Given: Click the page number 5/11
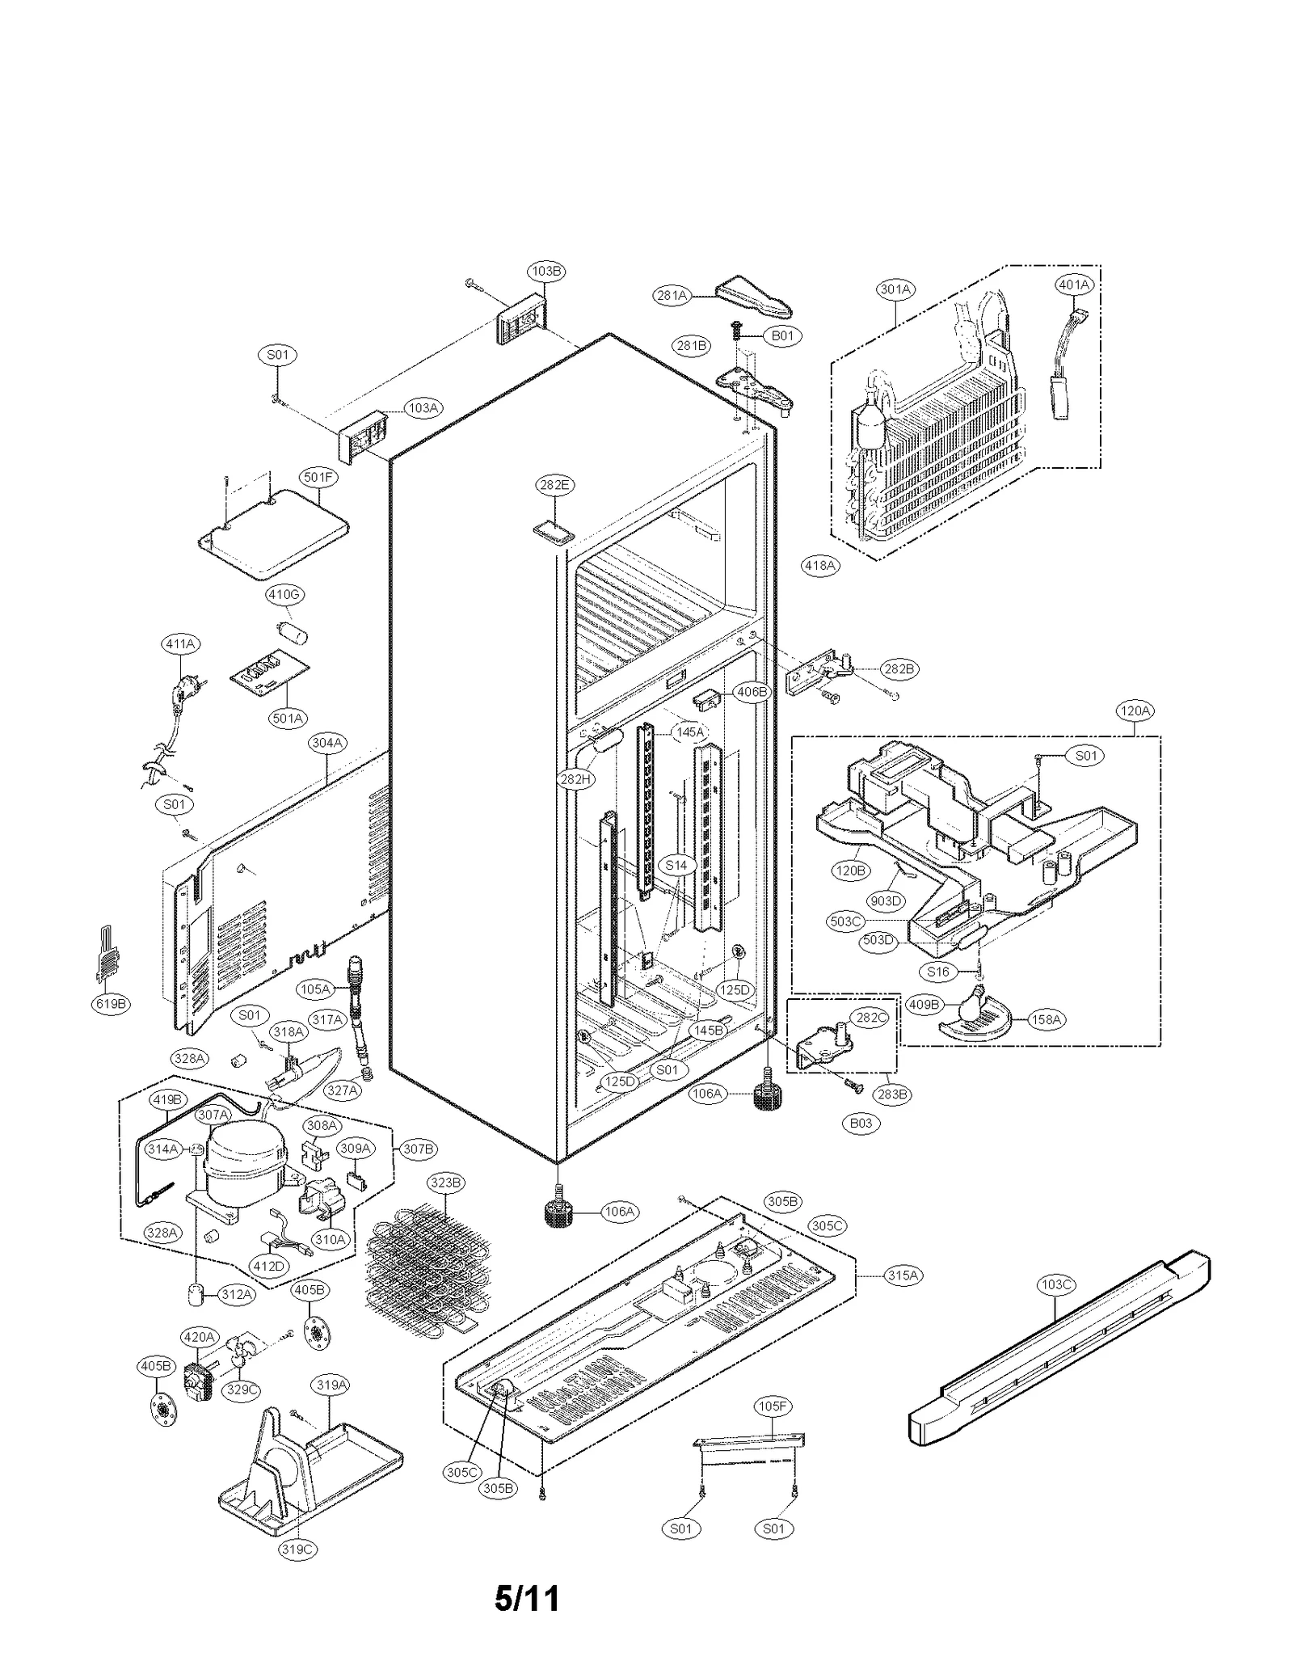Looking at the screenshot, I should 527,1598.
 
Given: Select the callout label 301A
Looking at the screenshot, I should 895,289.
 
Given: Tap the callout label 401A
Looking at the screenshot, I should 1074,285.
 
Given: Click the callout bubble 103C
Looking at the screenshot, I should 1057,1284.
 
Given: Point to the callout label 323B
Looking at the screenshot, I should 445,1183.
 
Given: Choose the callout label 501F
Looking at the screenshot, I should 318,477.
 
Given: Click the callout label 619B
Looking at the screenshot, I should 111,1004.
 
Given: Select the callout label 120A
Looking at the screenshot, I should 1134,711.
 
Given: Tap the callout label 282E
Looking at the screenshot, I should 554,485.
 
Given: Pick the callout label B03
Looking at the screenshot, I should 861,1123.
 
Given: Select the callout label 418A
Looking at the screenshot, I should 819,565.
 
